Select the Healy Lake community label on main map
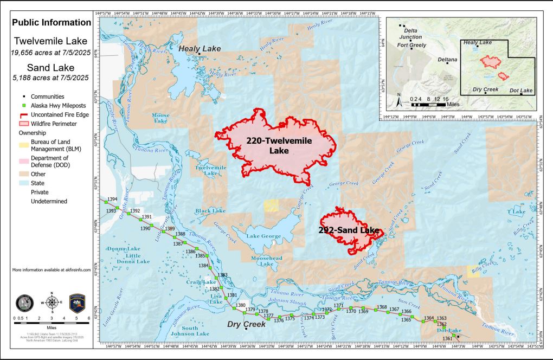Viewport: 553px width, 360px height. click(x=200, y=49)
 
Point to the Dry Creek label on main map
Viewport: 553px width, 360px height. click(x=246, y=324)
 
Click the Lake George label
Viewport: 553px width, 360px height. click(x=264, y=236)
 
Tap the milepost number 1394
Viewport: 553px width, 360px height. click(x=112, y=200)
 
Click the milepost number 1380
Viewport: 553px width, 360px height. click(x=241, y=306)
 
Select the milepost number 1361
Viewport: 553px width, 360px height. click(x=447, y=339)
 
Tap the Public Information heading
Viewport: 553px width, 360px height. click(x=52, y=23)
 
